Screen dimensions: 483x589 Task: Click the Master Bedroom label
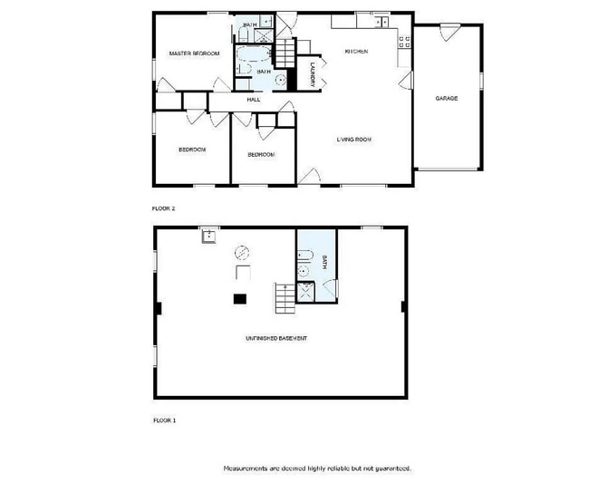195,54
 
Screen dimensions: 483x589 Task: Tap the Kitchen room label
356,52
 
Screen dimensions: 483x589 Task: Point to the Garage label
446,98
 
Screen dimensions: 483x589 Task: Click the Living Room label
354,140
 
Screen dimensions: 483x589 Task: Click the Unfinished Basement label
276,339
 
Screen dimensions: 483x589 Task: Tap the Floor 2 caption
163,208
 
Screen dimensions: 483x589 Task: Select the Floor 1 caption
163,420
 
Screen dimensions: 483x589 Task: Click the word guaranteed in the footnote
391,469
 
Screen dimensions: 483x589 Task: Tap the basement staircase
285,298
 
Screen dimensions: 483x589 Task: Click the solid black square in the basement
240,297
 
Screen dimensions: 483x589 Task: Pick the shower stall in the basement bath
305,290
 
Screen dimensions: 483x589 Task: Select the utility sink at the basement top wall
209,236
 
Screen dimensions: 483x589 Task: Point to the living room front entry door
310,176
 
